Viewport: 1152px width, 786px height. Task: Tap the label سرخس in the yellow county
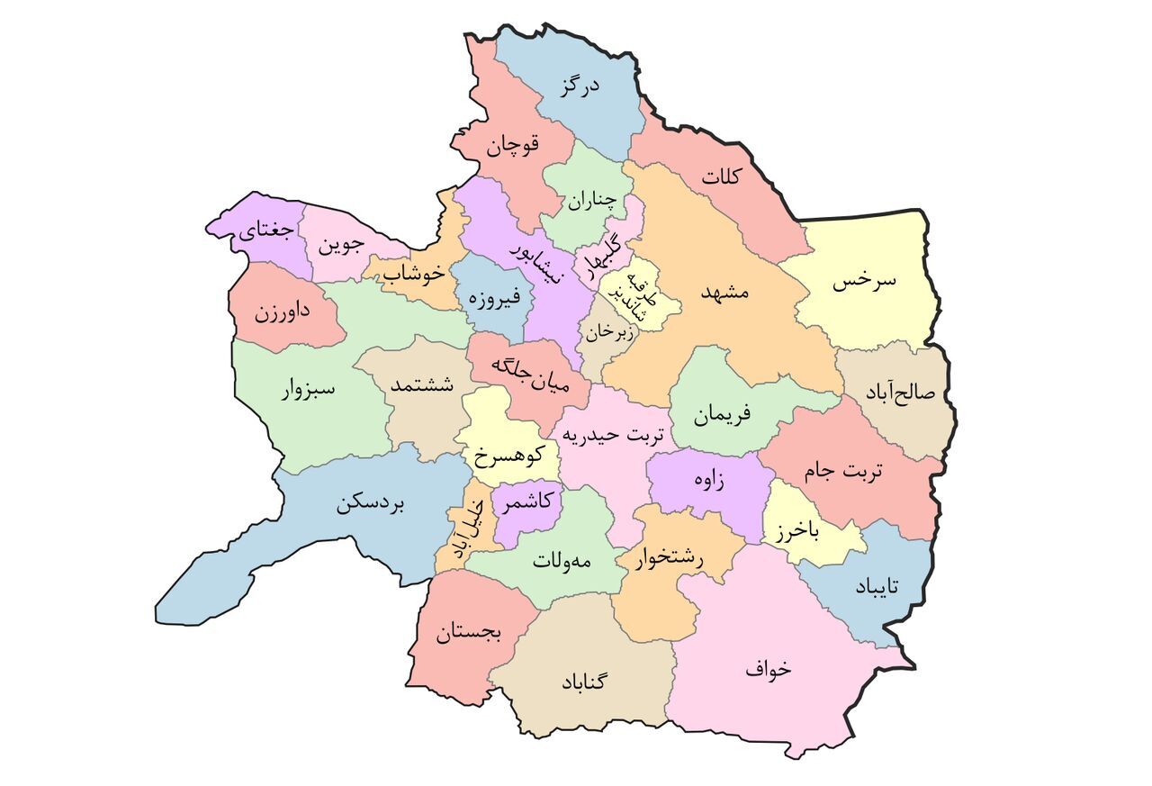(864, 281)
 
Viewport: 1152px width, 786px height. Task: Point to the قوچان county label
(513, 147)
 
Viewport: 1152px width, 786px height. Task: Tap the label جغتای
(265, 231)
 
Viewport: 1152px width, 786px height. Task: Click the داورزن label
(282, 313)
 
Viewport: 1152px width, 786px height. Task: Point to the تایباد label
(877, 586)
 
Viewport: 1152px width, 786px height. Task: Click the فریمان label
(722, 414)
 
